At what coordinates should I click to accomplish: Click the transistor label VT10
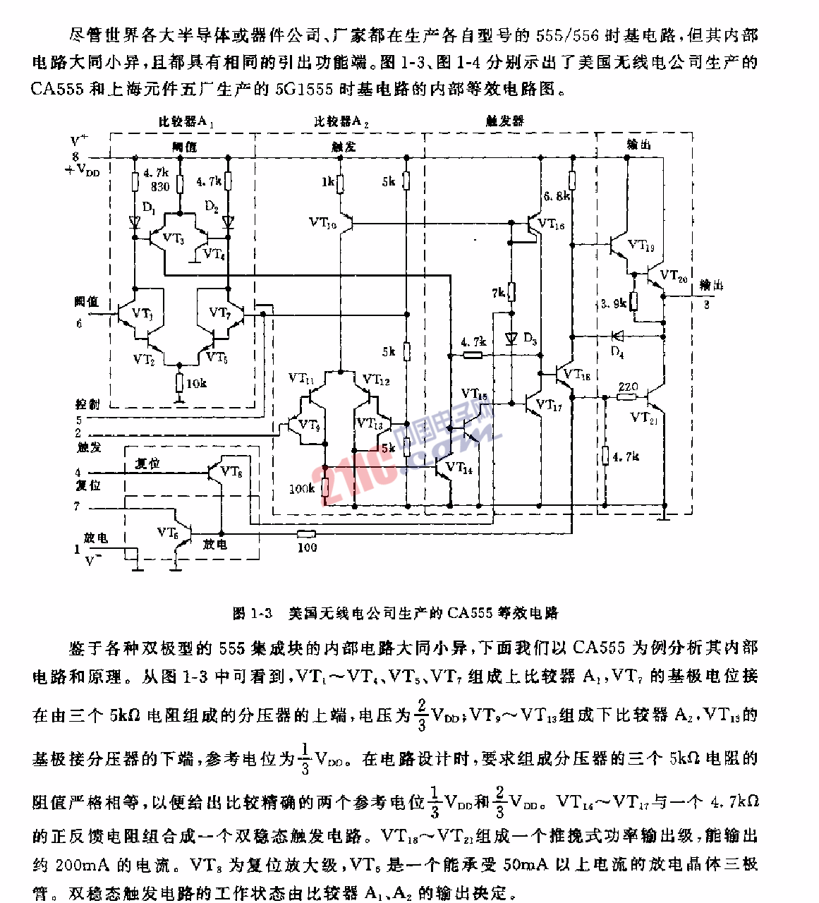pos(322,223)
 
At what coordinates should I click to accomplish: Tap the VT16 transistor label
pos(551,224)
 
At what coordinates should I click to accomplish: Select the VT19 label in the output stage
pos(641,246)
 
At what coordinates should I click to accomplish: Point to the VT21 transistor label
pos(644,418)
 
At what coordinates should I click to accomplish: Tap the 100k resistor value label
pos(302,488)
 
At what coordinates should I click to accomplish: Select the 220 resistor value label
pos(628,387)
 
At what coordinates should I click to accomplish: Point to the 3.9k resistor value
pos(614,303)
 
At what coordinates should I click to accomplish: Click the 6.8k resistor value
pos(557,196)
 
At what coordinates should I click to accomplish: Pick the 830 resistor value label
pos(160,187)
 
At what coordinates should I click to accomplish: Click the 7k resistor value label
pos(498,292)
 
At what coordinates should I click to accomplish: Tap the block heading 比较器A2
pos(341,121)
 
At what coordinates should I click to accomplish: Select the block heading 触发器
pos(505,121)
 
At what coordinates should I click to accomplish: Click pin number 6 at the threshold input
pos(79,323)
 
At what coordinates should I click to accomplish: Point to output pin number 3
pos(706,305)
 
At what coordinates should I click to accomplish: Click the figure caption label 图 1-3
pos(253,613)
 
